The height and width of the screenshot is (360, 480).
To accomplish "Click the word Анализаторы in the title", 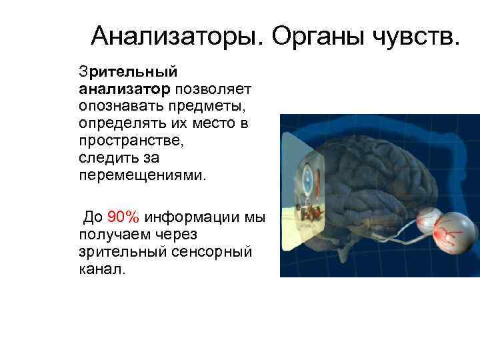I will click(177, 35).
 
